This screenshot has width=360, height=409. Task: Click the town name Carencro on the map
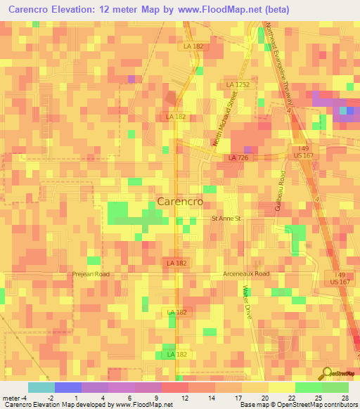click(180, 201)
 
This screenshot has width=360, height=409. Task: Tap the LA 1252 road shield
click(238, 84)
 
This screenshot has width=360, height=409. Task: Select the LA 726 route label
click(237, 157)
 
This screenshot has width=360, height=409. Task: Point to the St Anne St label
click(226, 219)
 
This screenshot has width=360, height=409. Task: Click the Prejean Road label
click(91, 274)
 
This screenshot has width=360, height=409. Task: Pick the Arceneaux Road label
click(245, 273)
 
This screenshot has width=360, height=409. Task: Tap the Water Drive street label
click(247, 302)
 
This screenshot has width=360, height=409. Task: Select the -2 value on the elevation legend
click(41, 398)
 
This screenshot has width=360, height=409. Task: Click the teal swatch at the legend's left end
click(41, 387)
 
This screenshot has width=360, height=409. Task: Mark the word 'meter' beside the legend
click(11, 398)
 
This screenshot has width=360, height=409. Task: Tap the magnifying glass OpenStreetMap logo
click(326, 373)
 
